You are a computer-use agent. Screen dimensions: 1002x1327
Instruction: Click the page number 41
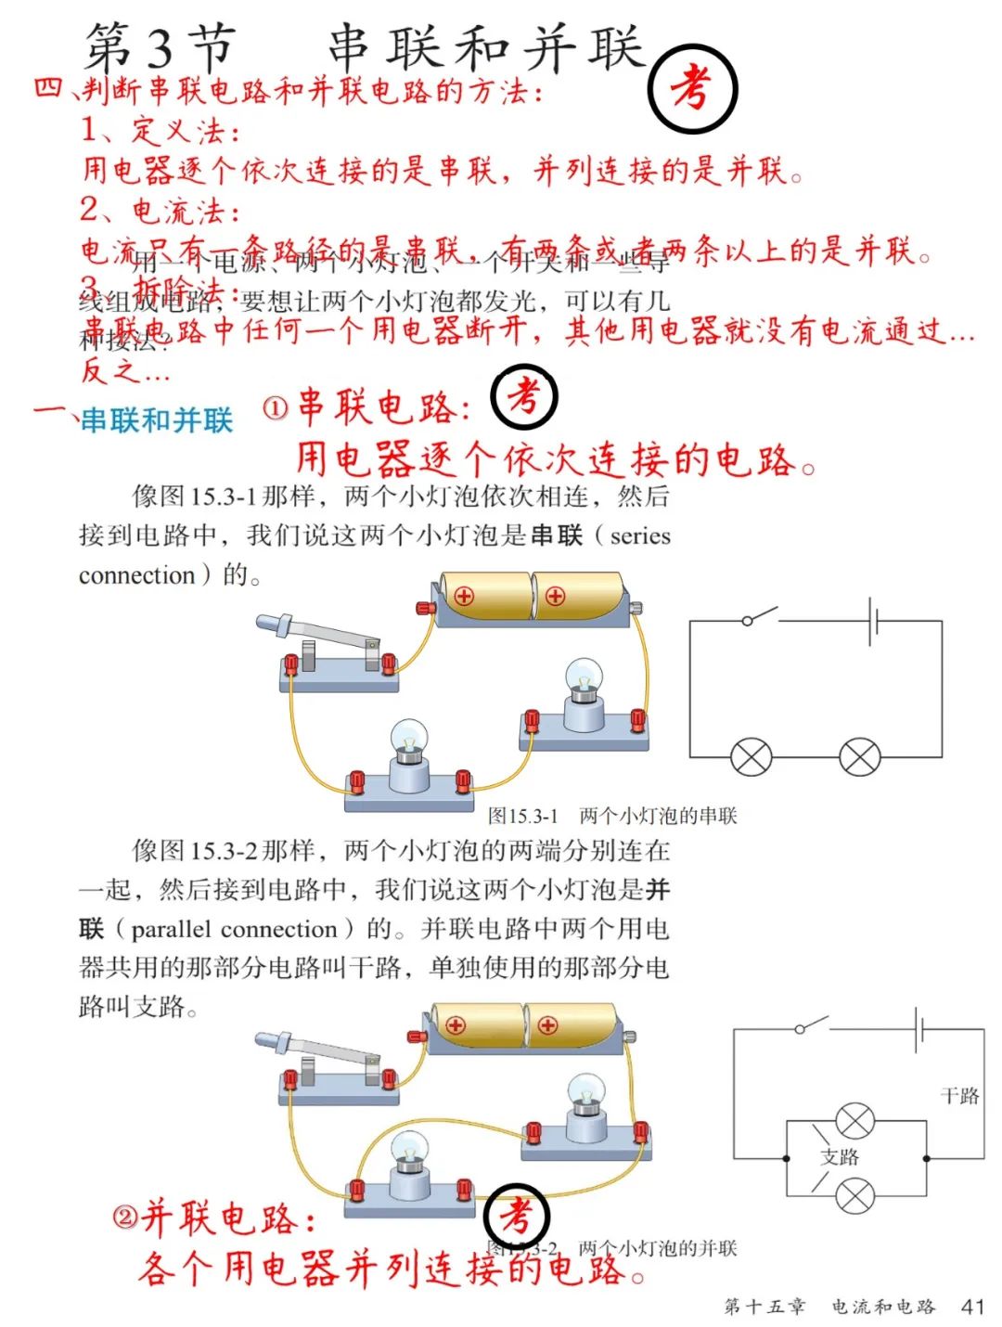click(972, 1307)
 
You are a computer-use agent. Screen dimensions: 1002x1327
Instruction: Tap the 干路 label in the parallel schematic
click(959, 1096)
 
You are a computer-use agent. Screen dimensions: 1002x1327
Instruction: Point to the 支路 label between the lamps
click(840, 1156)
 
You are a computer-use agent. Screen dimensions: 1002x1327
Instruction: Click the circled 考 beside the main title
click(691, 89)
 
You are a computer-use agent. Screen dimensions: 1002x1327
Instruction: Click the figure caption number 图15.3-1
click(523, 816)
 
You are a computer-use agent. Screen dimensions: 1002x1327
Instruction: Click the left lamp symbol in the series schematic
click(751, 757)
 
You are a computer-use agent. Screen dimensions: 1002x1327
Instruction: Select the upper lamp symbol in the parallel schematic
click(854, 1121)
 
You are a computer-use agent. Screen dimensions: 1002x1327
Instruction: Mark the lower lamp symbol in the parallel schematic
click(854, 1195)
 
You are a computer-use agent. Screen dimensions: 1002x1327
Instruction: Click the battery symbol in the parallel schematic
click(919, 1029)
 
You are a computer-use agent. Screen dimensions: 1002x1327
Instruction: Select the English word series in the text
click(640, 535)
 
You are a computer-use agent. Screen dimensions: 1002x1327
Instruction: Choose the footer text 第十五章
click(764, 1307)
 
